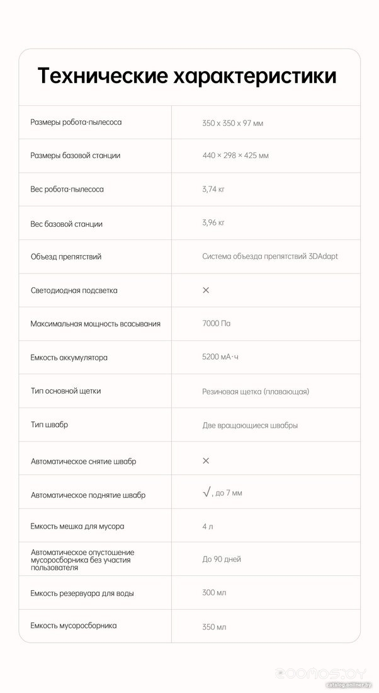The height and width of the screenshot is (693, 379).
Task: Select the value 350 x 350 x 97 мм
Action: coord(232,123)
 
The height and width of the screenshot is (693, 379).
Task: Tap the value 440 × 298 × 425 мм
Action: coord(235,156)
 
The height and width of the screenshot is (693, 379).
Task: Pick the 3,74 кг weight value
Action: coord(213,189)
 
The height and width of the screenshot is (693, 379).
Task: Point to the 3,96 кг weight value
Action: coord(213,222)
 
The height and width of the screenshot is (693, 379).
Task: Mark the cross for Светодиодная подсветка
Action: coord(206,290)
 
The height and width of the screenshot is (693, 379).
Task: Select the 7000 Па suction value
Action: coord(216,324)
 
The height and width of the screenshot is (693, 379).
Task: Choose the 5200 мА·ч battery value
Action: coord(220,357)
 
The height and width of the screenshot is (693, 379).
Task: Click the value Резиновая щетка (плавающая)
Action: coord(256,391)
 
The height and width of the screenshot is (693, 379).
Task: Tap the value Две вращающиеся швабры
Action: coord(250,425)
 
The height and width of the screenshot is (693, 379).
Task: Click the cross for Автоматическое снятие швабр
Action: coord(206,461)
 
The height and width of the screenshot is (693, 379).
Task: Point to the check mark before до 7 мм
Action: coord(206,493)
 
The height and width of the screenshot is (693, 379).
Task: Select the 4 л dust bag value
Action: coord(208,526)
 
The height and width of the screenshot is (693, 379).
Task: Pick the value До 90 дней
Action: coord(222,559)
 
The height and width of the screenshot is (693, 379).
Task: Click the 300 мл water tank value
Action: coord(214,593)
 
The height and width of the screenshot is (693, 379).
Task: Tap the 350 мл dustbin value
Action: coord(214,627)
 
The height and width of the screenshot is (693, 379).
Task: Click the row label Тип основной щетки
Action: coord(65,391)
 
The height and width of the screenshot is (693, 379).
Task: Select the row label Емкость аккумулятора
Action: coord(69,357)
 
